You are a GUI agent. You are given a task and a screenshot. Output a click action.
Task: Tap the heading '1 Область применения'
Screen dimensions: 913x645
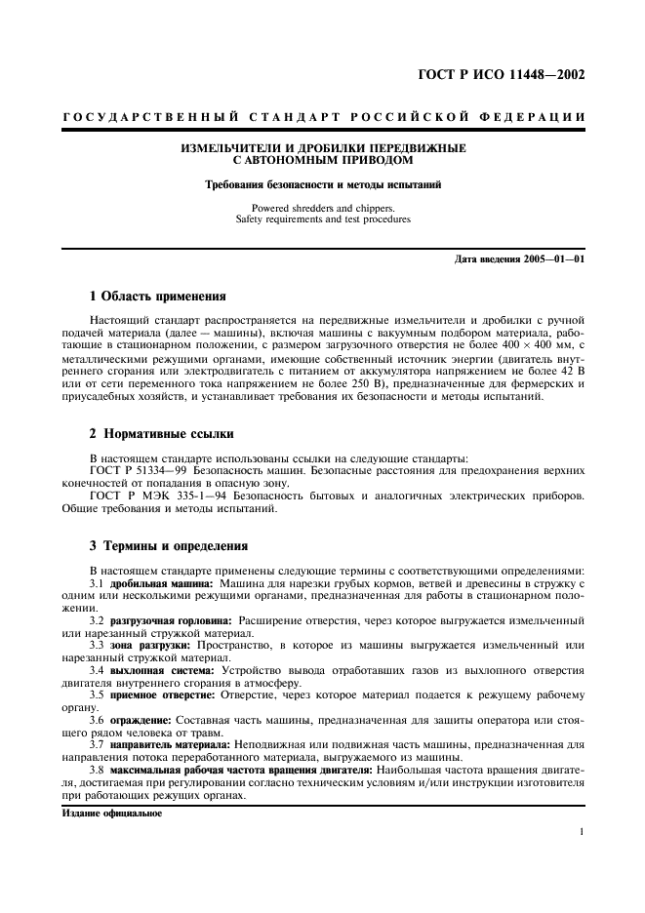pyautogui.click(x=157, y=296)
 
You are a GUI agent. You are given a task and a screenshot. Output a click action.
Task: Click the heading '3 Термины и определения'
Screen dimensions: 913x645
pyautogui.click(x=169, y=546)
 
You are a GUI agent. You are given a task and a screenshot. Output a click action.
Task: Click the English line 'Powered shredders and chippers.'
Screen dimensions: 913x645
pyautogui.click(x=323, y=208)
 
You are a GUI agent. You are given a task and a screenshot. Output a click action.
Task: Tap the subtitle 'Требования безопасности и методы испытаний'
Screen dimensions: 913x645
pyautogui.click(x=323, y=184)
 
